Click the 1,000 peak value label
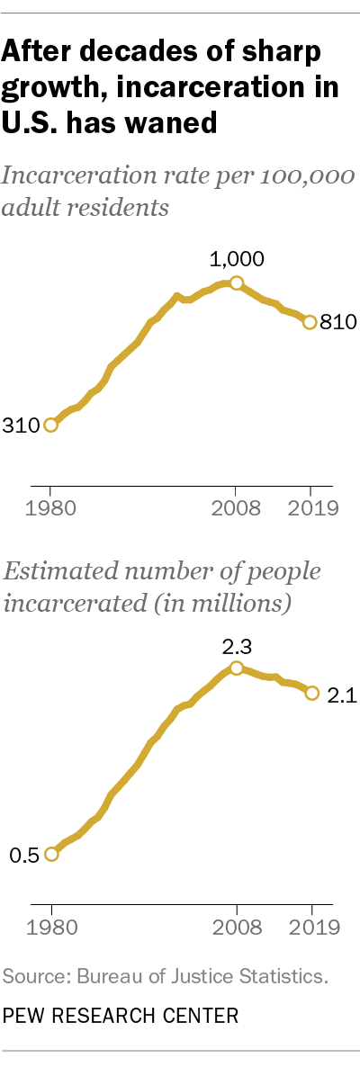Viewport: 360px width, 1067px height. point(237,260)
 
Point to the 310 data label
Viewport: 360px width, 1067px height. point(21,425)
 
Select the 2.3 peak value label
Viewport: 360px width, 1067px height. point(237,645)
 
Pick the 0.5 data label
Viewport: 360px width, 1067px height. point(24,855)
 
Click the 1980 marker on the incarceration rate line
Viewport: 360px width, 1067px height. point(50,425)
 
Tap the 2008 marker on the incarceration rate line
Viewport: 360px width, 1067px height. point(237,283)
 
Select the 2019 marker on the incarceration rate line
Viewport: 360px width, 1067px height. point(310,322)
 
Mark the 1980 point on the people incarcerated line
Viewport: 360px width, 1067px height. point(51,854)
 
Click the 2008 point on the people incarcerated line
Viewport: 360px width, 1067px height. point(237,668)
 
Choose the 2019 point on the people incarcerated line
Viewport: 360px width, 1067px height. point(312,693)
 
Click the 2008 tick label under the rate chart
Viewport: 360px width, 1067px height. point(236,507)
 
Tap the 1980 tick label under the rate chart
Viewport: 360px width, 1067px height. point(50,507)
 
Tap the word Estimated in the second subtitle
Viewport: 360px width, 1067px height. point(56,573)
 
